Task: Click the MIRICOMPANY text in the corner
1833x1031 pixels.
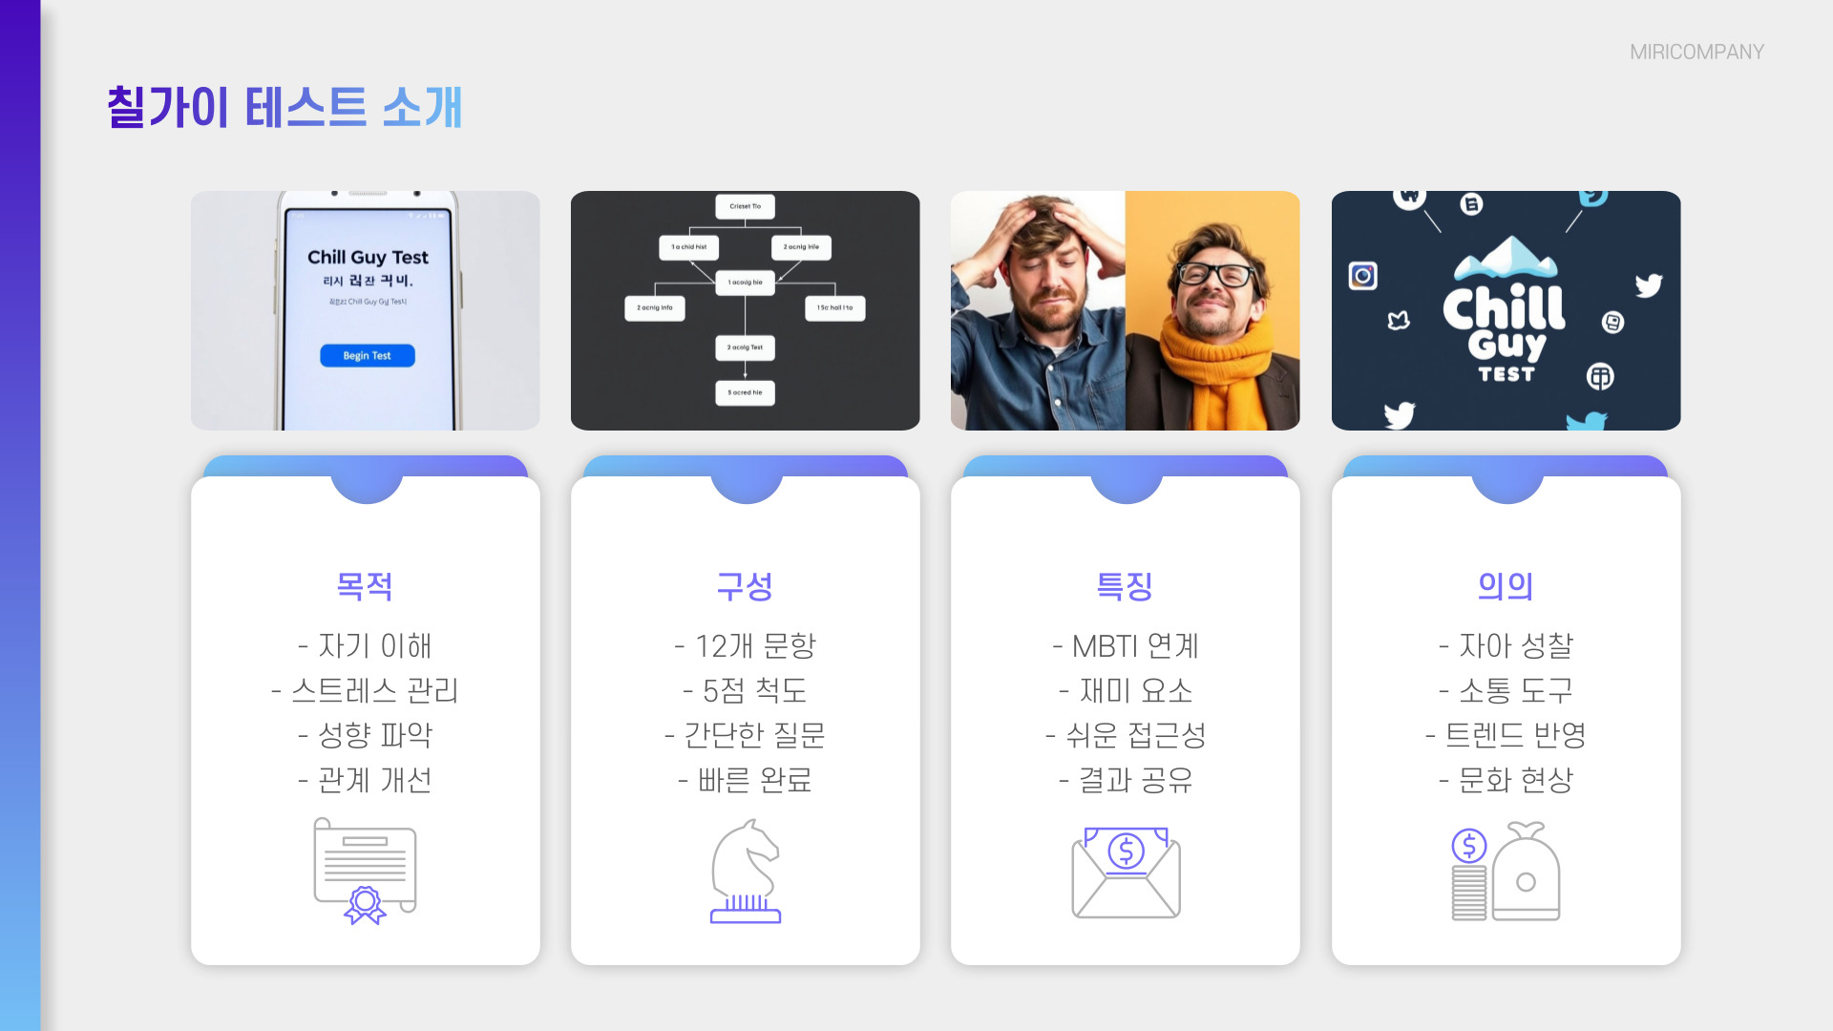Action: click(1696, 53)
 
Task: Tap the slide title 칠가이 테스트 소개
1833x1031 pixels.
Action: click(284, 107)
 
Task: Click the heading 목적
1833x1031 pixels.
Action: click(365, 585)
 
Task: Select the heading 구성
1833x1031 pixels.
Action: click(745, 585)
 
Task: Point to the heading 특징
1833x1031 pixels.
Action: click(1125, 585)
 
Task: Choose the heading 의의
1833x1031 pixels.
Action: click(1506, 585)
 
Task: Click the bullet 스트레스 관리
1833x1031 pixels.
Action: click(365, 690)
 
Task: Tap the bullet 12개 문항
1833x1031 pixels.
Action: click(745, 646)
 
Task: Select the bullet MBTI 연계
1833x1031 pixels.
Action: click(1125, 646)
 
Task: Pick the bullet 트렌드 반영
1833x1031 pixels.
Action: click(1506, 735)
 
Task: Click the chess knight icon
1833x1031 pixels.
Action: click(746, 871)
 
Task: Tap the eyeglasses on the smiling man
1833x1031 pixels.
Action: click(1214, 275)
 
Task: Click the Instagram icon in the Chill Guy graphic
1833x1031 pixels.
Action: click(1362, 276)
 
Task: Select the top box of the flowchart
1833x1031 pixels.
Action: click(745, 206)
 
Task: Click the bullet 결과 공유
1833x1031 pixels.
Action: click(1125, 780)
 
